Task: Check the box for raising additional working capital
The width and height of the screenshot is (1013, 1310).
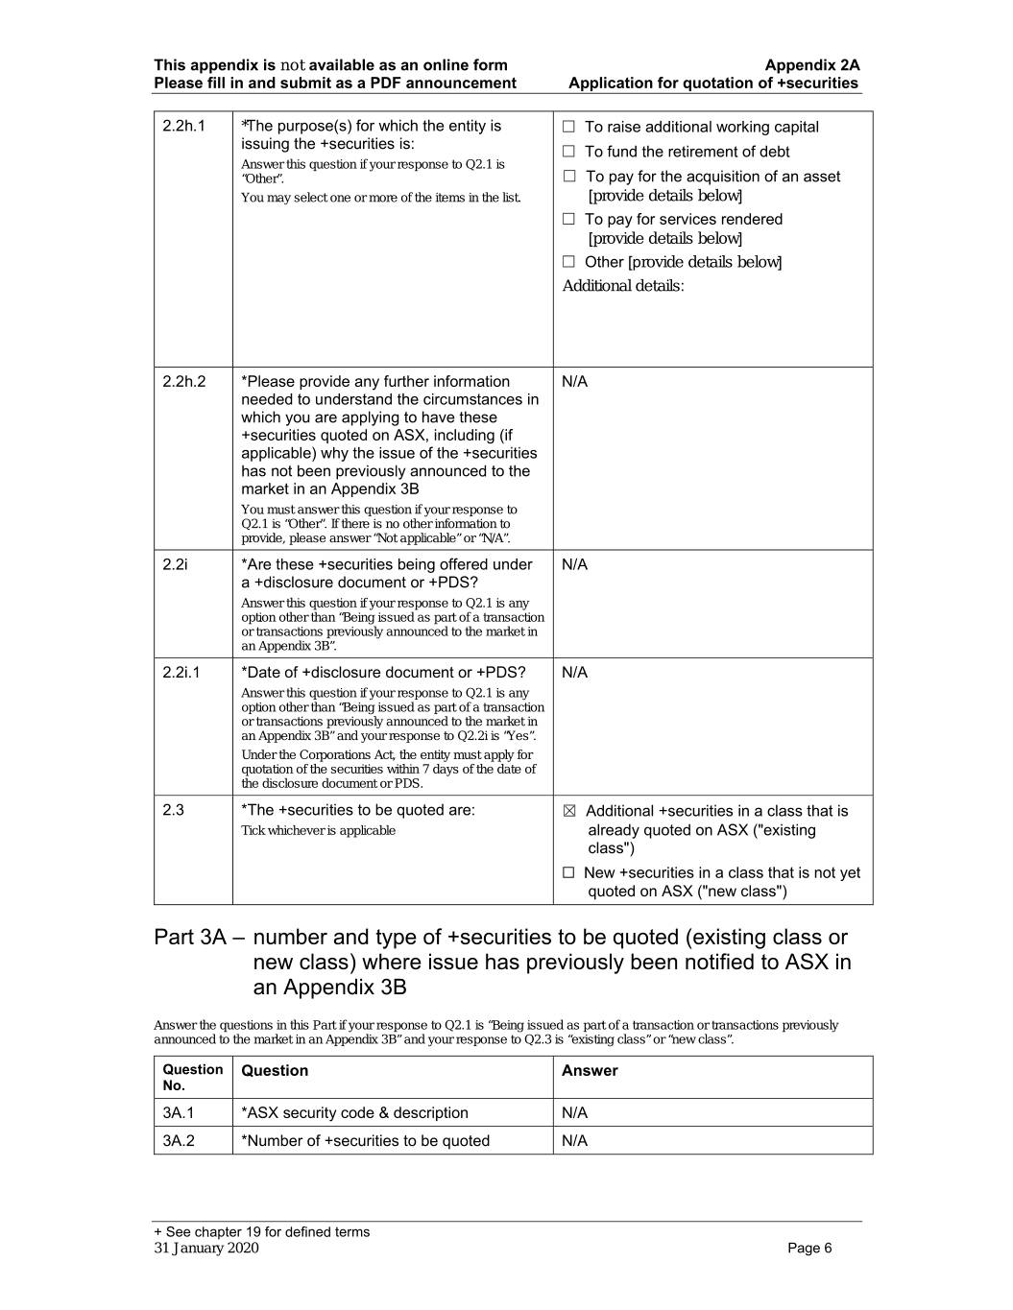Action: click(568, 127)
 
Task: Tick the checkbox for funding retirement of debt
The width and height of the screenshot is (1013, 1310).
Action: click(568, 152)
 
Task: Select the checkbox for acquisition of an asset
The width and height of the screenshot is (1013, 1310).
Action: click(568, 177)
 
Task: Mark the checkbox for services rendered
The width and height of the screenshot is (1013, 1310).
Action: click(568, 220)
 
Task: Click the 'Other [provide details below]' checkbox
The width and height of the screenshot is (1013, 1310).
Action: click(568, 262)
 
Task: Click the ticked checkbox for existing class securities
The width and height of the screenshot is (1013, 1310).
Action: click(569, 812)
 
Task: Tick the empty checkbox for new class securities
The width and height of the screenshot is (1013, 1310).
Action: click(568, 873)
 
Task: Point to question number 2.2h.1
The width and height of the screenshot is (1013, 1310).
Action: click(183, 126)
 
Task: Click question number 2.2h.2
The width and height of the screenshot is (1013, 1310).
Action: click(183, 382)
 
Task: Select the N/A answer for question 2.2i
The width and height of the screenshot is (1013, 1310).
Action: click(574, 564)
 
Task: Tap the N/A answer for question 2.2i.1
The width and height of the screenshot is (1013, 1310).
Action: click(574, 673)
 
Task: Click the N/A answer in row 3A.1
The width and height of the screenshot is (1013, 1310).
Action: click(574, 1113)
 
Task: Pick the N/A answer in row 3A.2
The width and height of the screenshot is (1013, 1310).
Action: click(574, 1141)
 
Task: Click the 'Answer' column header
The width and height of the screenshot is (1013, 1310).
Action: click(590, 1071)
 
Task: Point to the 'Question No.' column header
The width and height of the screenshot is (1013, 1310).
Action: click(192, 1078)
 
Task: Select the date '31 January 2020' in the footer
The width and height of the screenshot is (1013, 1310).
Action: click(205, 1249)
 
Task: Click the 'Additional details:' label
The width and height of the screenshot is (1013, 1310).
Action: click(623, 286)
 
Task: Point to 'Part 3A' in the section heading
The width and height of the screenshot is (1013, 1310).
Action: click(190, 938)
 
